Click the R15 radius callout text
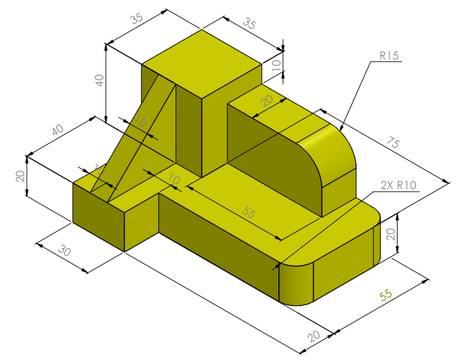[x=389, y=56]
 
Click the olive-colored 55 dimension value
[x=386, y=296]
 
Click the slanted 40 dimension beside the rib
[x=57, y=130]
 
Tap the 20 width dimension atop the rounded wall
[x=266, y=101]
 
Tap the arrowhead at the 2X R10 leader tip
[x=276, y=268]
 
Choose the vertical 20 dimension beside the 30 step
[x=20, y=175]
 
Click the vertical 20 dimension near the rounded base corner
[x=391, y=234]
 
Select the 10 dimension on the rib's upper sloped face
[x=139, y=122]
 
